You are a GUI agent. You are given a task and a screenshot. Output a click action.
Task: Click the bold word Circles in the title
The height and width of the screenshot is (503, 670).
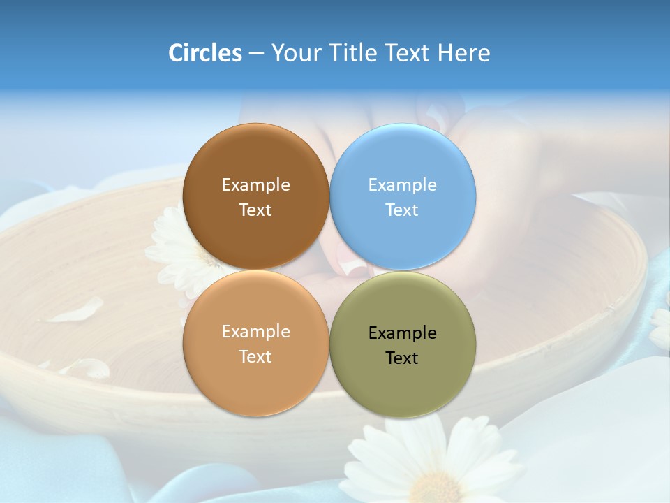coord(205,52)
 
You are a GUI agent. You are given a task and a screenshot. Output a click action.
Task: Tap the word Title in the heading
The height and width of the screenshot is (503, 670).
coord(356,52)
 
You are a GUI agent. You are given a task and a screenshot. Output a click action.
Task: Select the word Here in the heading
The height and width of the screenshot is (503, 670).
coord(463,52)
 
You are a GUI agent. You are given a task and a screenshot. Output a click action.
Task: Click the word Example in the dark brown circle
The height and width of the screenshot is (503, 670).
coord(255,184)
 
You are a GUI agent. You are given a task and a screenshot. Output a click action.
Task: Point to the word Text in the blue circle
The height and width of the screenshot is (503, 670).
coord(402,210)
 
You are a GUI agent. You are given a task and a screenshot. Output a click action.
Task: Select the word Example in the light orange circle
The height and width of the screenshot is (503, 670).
coord(255,331)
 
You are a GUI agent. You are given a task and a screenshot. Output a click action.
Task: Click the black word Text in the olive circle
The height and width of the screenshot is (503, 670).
coord(402,358)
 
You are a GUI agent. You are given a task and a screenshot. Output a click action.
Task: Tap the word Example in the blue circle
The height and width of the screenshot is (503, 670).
coord(402,184)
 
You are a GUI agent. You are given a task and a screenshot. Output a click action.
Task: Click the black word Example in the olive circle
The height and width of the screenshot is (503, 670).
coord(402,333)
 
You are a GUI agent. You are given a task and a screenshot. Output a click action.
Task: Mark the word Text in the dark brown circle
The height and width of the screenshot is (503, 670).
coord(255,210)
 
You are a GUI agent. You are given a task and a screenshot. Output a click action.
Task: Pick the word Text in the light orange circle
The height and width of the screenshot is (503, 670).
coord(255,356)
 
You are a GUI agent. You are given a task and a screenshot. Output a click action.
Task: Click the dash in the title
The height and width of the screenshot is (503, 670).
coord(256,54)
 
